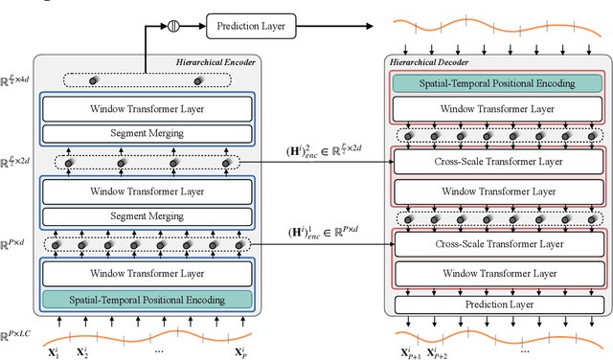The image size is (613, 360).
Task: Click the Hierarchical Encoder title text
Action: [x=216, y=62]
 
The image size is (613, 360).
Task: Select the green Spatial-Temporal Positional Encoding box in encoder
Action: [x=147, y=300]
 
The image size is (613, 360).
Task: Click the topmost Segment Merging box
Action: [x=147, y=133]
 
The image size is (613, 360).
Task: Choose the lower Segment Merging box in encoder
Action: [x=147, y=216]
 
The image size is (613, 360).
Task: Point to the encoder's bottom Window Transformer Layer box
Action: [x=147, y=274]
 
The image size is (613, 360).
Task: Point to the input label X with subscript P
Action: [x=241, y=352]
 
